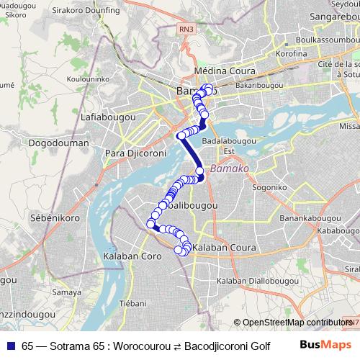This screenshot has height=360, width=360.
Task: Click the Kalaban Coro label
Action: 132,256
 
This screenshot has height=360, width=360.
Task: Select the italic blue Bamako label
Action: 229,168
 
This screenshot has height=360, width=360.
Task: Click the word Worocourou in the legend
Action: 150,345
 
